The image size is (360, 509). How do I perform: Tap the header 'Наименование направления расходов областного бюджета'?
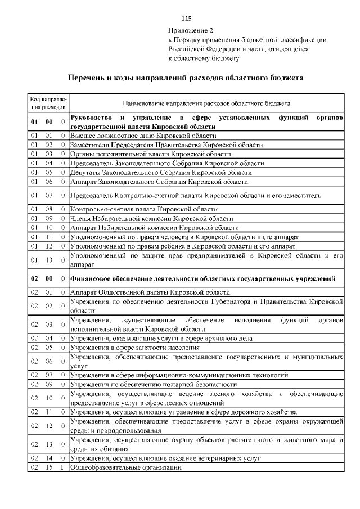pos(206,103)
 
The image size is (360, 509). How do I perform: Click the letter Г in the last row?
pos(63,467)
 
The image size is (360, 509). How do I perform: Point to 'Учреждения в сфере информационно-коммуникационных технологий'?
pos(179,375)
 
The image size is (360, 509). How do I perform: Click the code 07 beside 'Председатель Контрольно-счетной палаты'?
pos(48,195)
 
